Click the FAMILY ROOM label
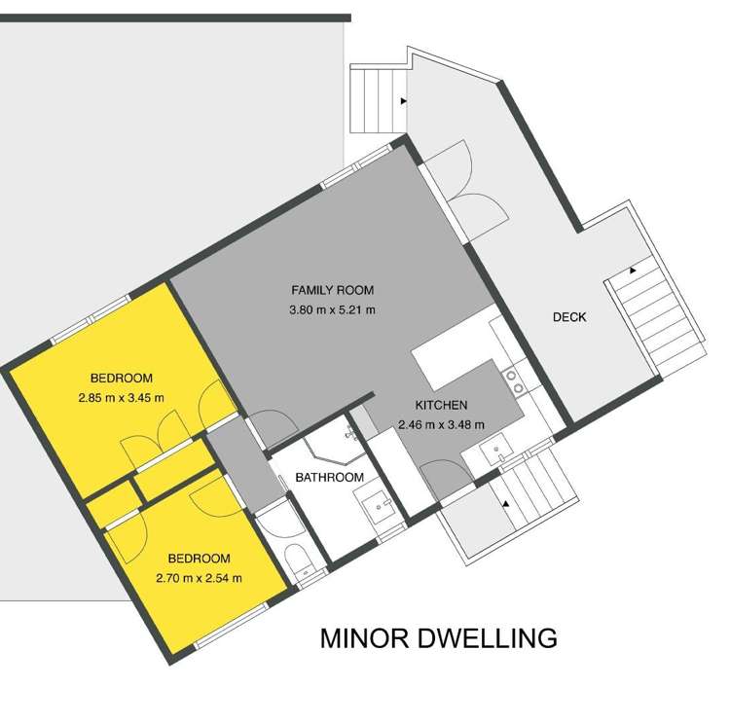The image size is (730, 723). [332, 290]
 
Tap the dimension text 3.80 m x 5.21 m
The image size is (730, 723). [332, 310]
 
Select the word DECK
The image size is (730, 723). [569, 317]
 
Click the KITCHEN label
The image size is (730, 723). [442, 405]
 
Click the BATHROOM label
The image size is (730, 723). [330, 477]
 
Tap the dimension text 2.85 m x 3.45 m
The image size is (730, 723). [122, 397]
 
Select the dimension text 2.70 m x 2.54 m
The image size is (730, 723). [199, 577]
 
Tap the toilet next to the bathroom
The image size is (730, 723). [301, 563]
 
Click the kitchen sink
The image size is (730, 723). [497, 450]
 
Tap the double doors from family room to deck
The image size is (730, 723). [465, 190]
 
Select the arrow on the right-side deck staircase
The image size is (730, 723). [634, 270]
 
